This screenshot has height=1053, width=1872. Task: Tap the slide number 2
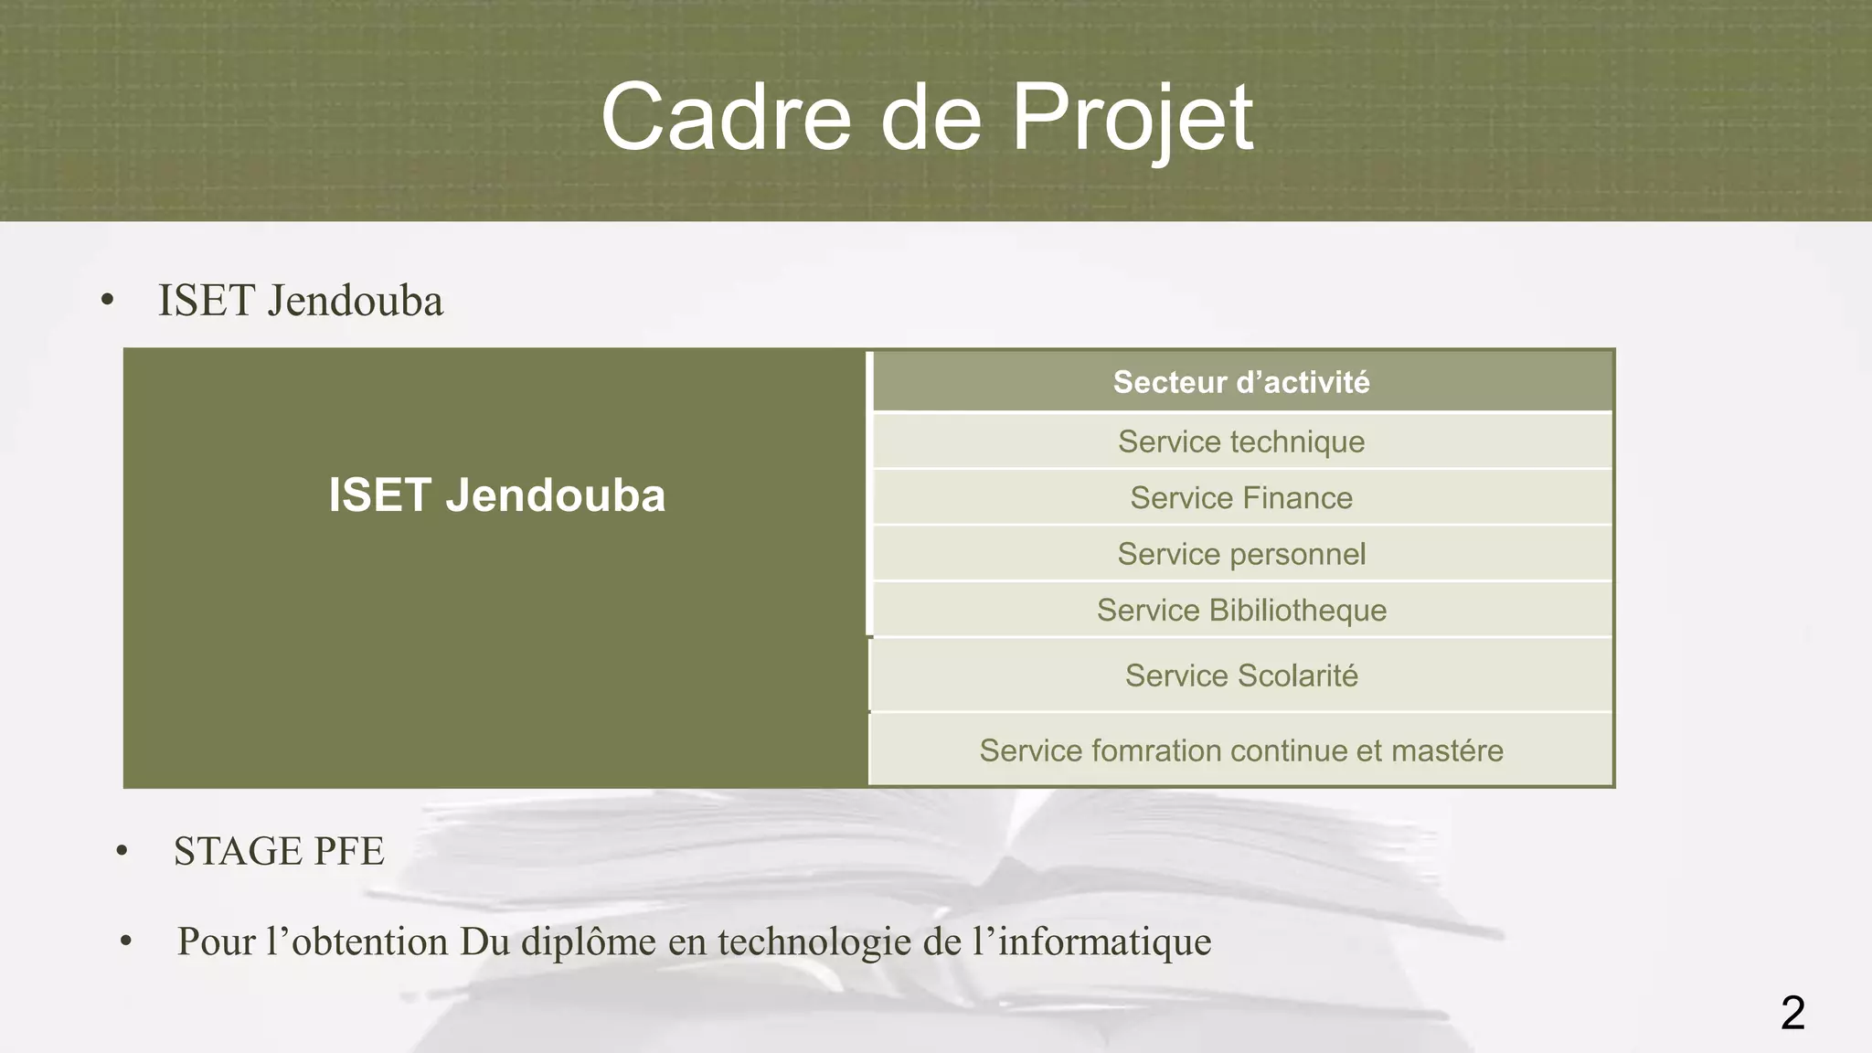click(1792, 1013)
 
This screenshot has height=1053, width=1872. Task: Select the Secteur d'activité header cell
click(1241, 382)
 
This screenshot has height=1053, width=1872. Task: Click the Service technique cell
click(1241, 441)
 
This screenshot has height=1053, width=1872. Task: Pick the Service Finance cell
click(1241, 498)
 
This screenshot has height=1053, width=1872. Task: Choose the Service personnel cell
click(1241, 554)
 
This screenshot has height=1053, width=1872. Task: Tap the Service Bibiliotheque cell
click(1241, 610)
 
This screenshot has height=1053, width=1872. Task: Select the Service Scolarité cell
click(1241, 675)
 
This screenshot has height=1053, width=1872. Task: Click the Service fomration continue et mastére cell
click(1241, 750)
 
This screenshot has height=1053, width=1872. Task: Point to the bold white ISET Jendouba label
click(496, 495)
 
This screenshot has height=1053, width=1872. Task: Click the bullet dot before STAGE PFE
click(122, 852)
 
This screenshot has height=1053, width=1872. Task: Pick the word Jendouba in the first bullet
click(356, 301)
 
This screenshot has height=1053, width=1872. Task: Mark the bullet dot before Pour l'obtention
click(126, 941)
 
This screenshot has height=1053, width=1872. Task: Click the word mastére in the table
click(1447, 750)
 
